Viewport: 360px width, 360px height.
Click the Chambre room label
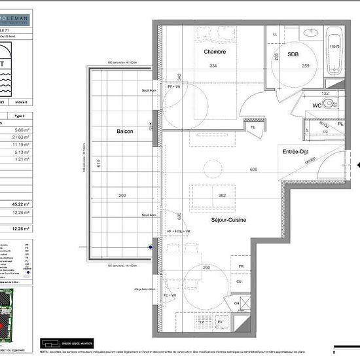pos(215,52)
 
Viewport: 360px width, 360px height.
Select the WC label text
pos(316,105)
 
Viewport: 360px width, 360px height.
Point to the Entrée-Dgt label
pos(295,152)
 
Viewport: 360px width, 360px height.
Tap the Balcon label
pos(124,131)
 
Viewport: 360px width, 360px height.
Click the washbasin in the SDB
pos(311,32)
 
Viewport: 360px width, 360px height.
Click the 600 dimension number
pos(254,170)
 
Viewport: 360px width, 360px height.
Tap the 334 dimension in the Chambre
pos(213,65)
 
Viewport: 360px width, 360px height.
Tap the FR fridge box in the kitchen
pos(241,266)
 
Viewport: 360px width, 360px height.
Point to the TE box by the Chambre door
pos(253,128)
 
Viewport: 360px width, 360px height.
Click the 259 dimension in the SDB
pos(305,65)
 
